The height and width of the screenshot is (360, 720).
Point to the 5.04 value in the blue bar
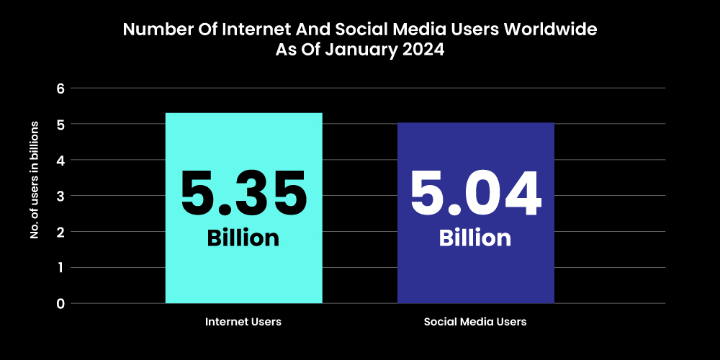[x=475, y=194]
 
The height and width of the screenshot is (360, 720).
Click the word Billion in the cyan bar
[x=243, y=238]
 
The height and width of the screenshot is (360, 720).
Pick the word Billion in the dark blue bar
[x=475, y=238]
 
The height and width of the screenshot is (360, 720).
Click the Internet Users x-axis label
[x=243, y=322]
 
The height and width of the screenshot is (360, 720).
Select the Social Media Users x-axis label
[x=475, y=322]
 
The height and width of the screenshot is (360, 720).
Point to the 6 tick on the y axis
[x=60, y=89]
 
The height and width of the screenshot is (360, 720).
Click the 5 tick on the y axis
[x=60, y=125]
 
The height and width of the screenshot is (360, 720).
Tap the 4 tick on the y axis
[x=60, y=160]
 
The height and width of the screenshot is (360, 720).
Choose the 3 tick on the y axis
[x=60, y=196]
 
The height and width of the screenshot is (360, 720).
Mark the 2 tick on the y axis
[x=60, y=232]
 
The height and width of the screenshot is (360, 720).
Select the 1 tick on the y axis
[x=60, y=267]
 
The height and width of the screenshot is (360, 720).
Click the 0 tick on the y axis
[x=60, y=303]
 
